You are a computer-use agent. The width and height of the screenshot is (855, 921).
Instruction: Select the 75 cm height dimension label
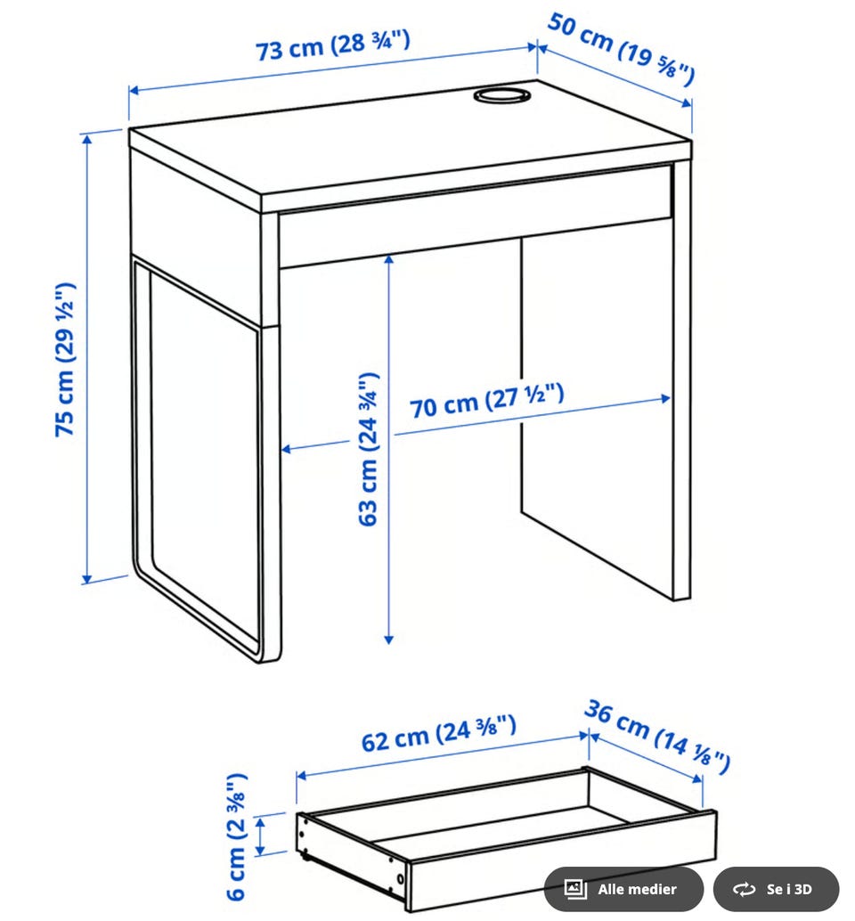coord(65,360)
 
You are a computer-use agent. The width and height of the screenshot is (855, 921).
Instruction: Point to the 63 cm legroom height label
coord(368,449)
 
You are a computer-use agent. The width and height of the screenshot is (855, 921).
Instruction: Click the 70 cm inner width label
coord(486,400)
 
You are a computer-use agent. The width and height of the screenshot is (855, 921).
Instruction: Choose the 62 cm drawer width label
coord(439,733)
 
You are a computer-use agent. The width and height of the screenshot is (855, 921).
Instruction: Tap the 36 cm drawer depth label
coord(657,736)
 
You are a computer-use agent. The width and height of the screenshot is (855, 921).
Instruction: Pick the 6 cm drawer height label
coord(237,836)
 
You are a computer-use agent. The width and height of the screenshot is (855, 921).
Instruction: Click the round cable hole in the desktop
coord(501,94)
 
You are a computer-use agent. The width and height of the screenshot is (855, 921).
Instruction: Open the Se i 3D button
coord(776,889)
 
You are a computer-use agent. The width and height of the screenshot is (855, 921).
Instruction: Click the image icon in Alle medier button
coord(575,889)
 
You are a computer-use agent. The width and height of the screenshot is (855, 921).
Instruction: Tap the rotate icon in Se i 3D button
coord(744,889)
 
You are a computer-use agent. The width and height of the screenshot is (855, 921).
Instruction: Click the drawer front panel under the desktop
coord(476,216)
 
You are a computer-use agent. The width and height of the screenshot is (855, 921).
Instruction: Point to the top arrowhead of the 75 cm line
coord(87,139)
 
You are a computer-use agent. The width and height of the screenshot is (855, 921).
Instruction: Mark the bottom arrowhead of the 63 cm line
coord(388,639)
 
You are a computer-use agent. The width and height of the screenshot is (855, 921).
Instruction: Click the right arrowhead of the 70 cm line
coord(665,398)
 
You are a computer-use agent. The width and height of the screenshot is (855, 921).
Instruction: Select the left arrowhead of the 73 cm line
coord(134,90)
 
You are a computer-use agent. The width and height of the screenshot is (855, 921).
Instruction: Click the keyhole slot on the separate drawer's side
coord(401,879)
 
